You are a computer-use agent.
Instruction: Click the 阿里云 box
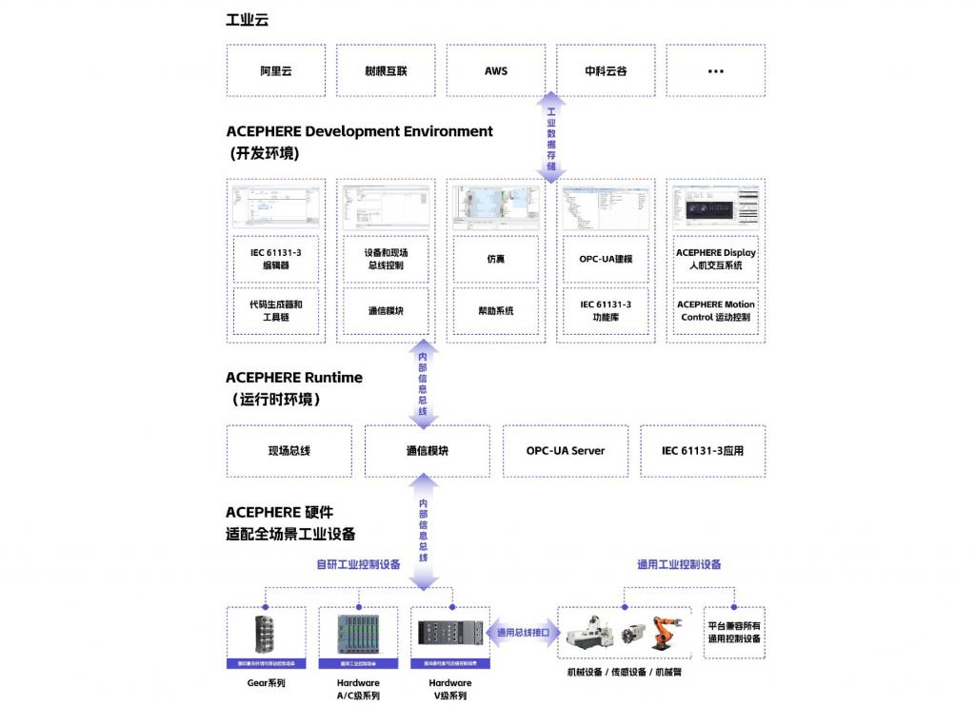275,70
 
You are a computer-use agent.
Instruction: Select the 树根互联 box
386,70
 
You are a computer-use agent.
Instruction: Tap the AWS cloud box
496,70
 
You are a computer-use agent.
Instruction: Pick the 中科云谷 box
607,70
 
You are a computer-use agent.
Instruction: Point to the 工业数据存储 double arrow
551,137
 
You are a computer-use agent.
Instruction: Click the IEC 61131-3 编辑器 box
276,259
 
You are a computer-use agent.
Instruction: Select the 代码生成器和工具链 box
276,310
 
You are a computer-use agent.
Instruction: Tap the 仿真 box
495,259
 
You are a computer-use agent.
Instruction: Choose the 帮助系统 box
495,310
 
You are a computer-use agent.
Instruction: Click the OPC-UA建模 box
606,259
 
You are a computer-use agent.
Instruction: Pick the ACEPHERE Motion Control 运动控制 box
716,310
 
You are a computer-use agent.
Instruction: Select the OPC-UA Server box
566,451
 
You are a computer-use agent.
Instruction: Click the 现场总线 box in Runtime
289,451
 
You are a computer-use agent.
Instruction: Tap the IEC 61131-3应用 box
703,451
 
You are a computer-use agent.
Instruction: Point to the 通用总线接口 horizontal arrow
523,632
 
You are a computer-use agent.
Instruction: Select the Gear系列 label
267,683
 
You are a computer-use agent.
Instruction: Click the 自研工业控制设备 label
358,564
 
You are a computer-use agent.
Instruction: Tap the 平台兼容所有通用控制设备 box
734,633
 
